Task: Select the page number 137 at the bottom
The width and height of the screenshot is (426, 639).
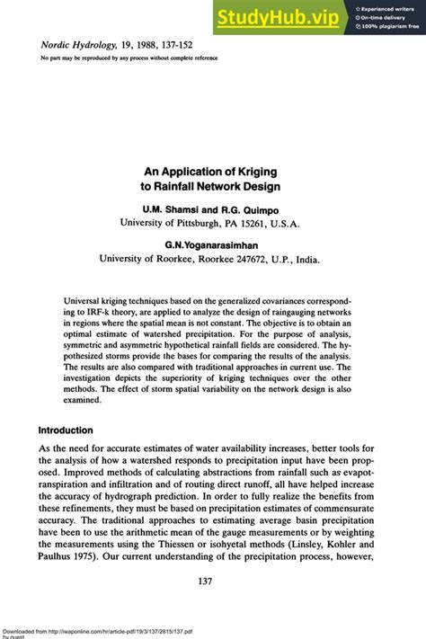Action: click(x=212, y=581)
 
